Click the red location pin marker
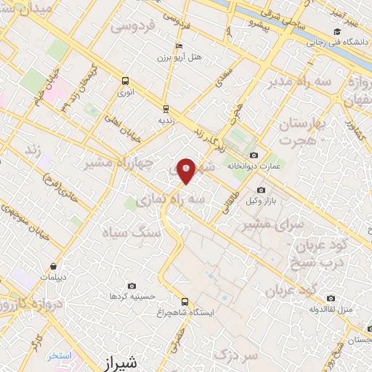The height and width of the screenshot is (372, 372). pyautogui.click(x=187, y=169)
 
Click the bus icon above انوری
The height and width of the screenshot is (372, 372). pyautogui.click(x=126, y=81)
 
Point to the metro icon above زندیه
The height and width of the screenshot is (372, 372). pyautogui.click(x=166, y=109)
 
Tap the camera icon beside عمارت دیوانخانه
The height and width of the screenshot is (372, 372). pyautogui.click(x=253, y=155)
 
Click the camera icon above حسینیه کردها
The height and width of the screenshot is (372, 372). pyautogui.click(x=132, y=286)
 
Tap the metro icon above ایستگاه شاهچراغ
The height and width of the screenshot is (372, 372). pyautogui.click(x=184, y=302)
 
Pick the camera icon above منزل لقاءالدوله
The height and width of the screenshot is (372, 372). pyautogui.click(x=331, y=298)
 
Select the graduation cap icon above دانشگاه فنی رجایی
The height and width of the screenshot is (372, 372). pyautogui.click(x=336, y=31)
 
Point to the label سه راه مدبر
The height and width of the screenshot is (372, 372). pyautogui.click(x=300, y=82)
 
